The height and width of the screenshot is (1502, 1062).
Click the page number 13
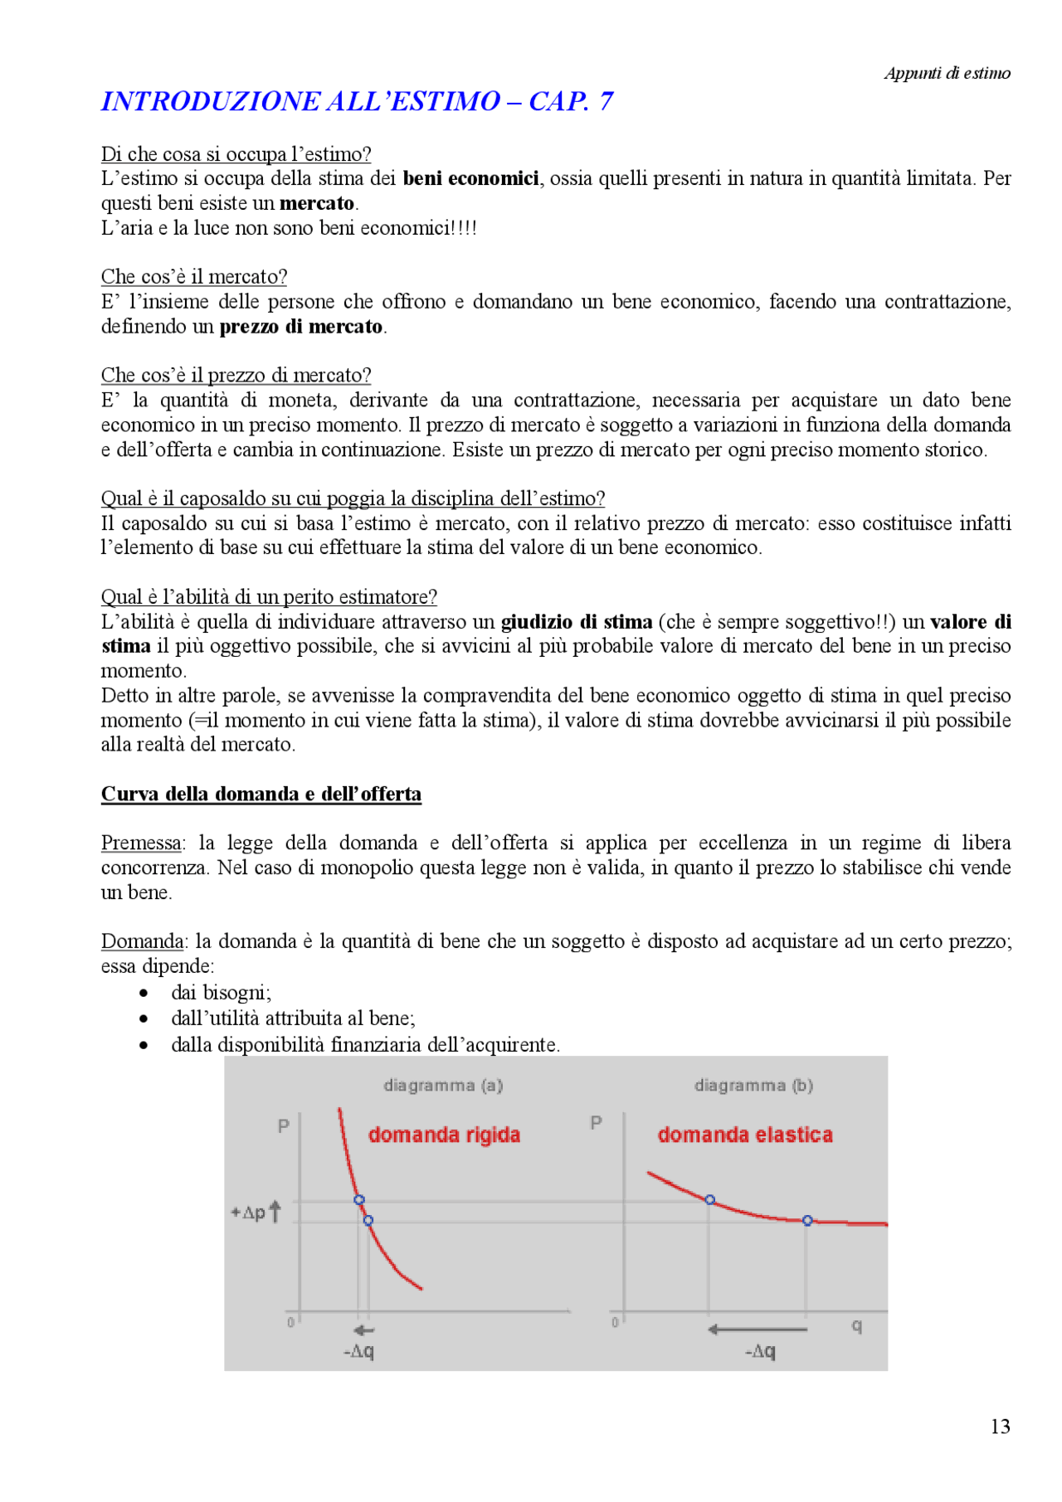1000,1426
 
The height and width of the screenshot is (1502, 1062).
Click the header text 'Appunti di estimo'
947,73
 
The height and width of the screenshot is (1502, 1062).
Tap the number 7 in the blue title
607,101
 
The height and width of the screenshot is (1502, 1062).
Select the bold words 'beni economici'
470,178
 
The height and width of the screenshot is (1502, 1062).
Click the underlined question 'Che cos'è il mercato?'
194,276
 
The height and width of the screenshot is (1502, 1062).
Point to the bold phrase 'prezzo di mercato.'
303,326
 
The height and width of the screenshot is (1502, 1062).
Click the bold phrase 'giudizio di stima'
577,621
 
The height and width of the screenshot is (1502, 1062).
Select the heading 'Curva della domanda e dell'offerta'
261,794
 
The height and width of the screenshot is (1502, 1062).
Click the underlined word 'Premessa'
141,843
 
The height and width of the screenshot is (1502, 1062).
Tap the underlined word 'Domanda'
142,941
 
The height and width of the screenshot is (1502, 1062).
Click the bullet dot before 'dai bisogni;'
144,993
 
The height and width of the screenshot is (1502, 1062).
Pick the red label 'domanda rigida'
444,1135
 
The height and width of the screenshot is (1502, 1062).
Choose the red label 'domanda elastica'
745,1135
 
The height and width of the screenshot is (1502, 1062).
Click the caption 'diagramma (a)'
443,1085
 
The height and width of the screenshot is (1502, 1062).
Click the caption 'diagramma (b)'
753,1085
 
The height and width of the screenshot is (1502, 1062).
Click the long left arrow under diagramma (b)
757,1329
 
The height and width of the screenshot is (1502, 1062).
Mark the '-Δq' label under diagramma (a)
358,1351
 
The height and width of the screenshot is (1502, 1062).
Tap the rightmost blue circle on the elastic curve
807,1221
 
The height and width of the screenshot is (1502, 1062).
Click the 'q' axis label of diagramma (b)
856,1326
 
